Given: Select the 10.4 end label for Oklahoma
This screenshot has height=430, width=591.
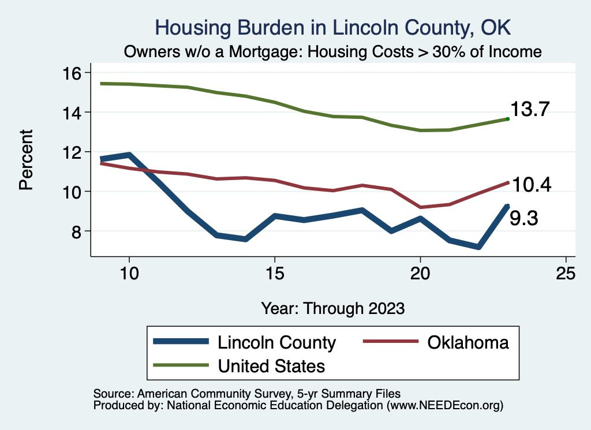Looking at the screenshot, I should click(x=532, y=185).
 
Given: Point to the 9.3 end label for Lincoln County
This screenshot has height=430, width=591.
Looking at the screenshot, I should click(x=523, y=218).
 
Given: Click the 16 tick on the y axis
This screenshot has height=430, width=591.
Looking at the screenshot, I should click(x=74, y=73).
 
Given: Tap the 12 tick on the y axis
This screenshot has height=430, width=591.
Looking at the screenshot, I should click(x=74, y=152).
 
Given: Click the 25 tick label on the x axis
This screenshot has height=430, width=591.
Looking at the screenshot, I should click(x=566, y=274).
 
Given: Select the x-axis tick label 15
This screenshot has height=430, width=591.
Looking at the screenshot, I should click(x=275, y=274).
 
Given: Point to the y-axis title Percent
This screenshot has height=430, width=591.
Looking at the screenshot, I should click(x=25, y=160).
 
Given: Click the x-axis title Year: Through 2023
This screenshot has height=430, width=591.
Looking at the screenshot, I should click(x=332, y=308).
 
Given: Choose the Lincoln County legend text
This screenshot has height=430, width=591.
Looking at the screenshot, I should click(x=276, y=342).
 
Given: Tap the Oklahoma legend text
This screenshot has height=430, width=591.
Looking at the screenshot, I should click(x=468, y=342).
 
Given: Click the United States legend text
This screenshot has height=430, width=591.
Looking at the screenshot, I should click(x=271, y=365).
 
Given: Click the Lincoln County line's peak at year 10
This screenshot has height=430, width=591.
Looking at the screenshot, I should click(x=129, y=155).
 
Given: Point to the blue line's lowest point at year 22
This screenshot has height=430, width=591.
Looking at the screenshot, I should click(x=478, y=247).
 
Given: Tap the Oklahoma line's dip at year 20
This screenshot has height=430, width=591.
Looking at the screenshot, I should click(x=420, y=207).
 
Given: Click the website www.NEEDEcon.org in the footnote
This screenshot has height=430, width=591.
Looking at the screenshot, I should click(x=444, y=406).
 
